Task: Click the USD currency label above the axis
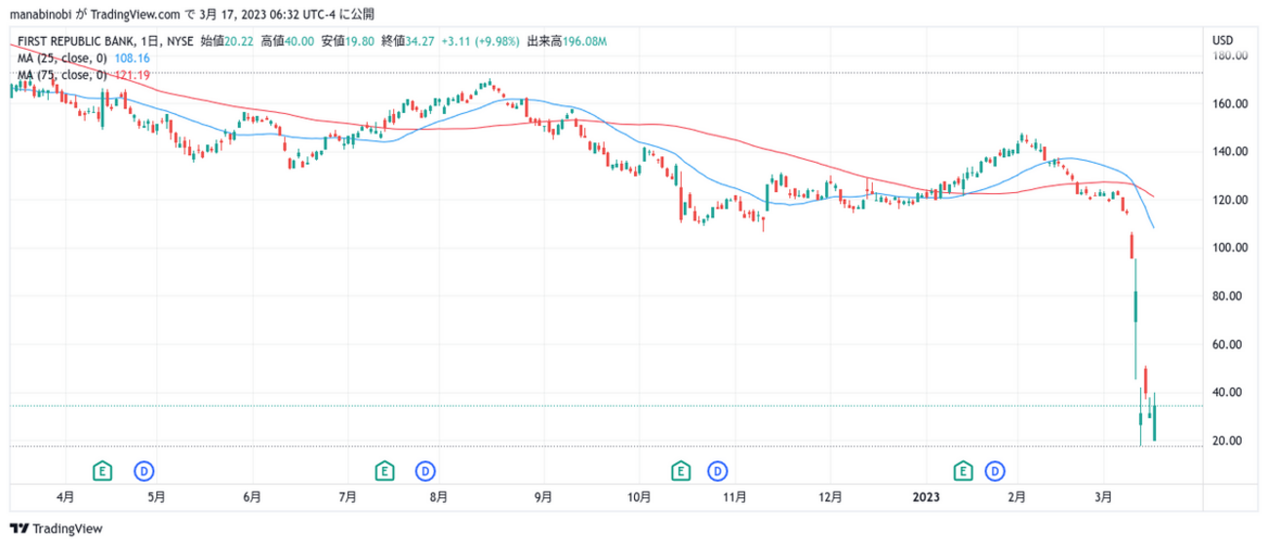tap(1221, 40)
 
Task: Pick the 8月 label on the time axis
tap(439, 496)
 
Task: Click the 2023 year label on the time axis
tap(926, 496)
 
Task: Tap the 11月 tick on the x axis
tap(735, 496)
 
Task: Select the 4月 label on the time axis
tap(65, 496)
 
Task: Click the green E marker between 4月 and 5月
tap(102, 471)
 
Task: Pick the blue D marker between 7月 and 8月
tap(425, 471)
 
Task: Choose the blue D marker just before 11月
tap(718, 471)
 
